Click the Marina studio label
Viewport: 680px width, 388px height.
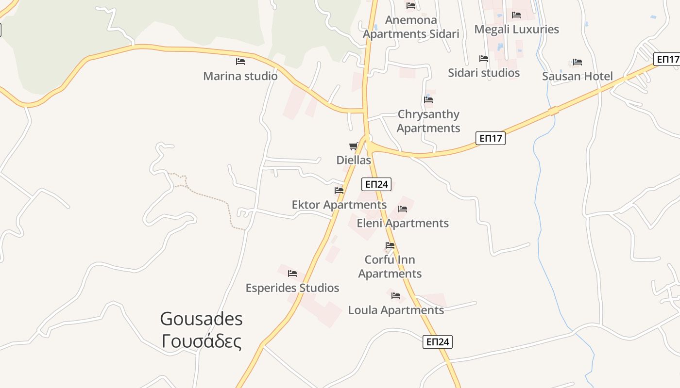[240, 76]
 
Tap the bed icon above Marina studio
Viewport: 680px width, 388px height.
[240, 62]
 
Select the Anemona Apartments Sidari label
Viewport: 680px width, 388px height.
[411, 27]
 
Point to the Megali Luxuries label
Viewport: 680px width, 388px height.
[516, 29]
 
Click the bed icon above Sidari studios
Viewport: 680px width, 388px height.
[484, 59]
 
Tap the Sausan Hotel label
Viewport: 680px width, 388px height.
[578, 76]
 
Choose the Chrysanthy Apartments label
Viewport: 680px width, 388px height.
[428, 121]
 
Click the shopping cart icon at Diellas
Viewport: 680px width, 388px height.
[354, 146]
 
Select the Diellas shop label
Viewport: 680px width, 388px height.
[354, 160]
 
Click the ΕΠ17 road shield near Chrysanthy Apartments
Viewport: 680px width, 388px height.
[491, 139]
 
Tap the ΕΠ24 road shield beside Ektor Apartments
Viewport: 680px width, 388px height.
[376, 184]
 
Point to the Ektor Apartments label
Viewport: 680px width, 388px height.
[339, 205]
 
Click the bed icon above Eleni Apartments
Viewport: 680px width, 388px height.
[403, 209]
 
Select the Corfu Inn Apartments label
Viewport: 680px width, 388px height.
[390, 267]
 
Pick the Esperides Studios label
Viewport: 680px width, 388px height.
[292, 288]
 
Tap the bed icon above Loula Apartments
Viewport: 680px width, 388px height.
[396, 296]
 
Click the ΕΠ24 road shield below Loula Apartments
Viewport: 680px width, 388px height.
[438, 342]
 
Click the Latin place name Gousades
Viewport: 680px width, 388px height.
[201, 319]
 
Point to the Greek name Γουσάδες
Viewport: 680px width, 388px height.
[201, 341]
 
